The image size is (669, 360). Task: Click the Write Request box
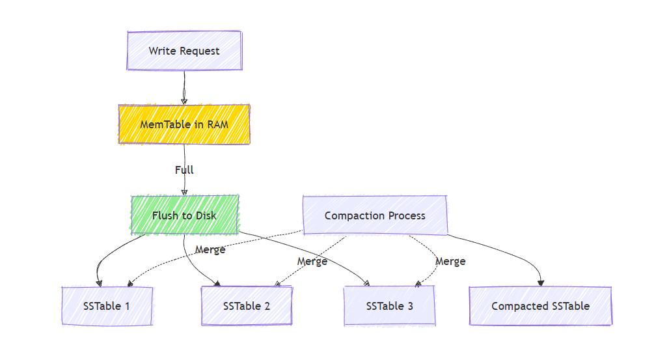coord(184,51)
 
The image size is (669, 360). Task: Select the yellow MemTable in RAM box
coord(184,124)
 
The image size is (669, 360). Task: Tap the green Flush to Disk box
coord(184,215)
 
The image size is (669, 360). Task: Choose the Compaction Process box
coord(375,215)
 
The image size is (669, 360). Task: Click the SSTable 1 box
coord(107,306)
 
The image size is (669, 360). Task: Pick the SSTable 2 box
coord(247,306)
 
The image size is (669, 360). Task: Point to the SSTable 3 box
coord(389,306)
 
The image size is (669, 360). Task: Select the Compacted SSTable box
coord(540,306)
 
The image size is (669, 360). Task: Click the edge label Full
coord(184,170)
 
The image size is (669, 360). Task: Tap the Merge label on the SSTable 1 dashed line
coord(210,249)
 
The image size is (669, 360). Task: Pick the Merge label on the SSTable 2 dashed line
coord(312,261)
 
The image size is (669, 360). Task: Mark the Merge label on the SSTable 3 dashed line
coord(450,261)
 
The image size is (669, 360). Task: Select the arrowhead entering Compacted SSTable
coord(541,283)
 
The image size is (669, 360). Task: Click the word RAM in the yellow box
coord(218,124)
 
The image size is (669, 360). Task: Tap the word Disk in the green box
coord(205,215)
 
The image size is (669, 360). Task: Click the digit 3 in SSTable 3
coord(409,306)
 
